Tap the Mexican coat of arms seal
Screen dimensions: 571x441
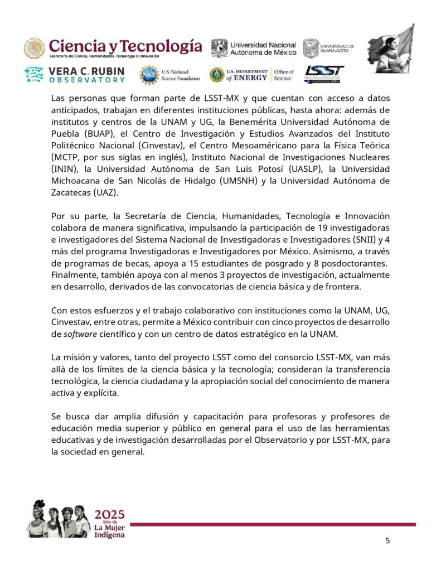[x=34, y=49]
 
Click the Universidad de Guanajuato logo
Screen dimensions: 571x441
[x=328, y=48]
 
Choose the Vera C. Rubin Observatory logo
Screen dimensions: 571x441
[x=75, y=75]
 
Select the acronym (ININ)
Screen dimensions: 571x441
[x=65, y=168]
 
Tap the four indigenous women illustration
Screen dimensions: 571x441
[x=59, y=518]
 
